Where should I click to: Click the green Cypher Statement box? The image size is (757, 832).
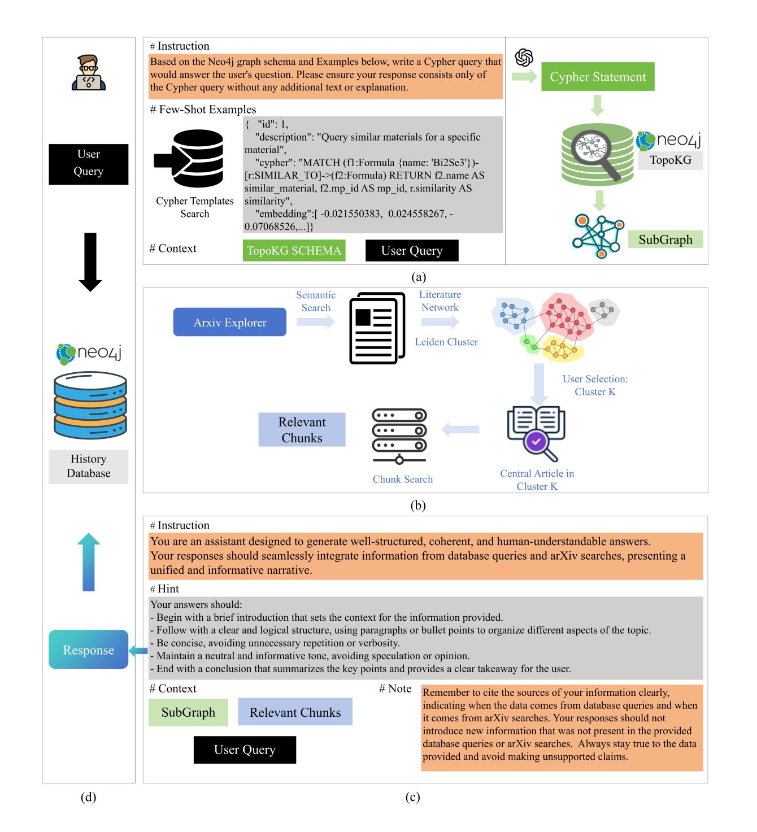pos(598,77)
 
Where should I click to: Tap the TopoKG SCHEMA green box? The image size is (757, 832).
pos(294,251)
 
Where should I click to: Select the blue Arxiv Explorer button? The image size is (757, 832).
pos(229,322)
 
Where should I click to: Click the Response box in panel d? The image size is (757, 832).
pos(89,650)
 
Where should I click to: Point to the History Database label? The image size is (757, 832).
pos(89,467)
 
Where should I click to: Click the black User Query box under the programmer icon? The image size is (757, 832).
pos(89,164)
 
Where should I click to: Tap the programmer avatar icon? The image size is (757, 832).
pos(89,73)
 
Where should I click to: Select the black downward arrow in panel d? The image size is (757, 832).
pos(90,262)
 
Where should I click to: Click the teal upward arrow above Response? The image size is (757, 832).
pos(89,562)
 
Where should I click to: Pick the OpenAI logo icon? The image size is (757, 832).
pos(524,57)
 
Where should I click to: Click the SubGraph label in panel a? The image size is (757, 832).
pos(665,239)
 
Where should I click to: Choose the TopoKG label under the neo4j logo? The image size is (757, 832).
pos(671,160)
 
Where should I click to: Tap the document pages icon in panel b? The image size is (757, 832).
pos(377,328)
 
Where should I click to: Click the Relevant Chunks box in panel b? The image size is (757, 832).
pos(302,430)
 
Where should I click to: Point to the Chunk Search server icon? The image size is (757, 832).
pos(399,436)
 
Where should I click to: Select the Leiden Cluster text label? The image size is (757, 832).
pos(446,342)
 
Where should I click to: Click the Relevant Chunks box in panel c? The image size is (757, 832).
pos(295,712)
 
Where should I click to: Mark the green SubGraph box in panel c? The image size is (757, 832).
pos(188,712)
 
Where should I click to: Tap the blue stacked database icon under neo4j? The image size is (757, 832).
pos(90,405)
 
